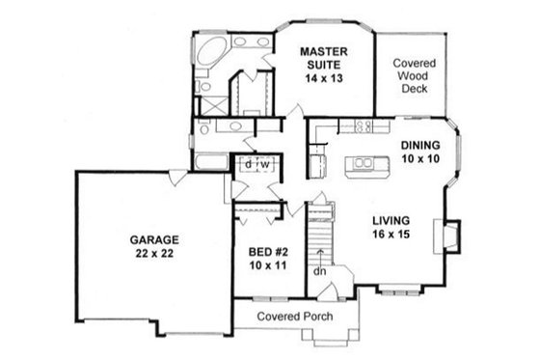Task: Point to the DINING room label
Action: coord(419,145)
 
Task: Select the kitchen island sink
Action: coord(364,164)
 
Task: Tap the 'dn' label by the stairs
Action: coord(319,271)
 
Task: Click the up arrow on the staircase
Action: coord(320,254)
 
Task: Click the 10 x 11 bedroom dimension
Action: coord(264,262)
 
